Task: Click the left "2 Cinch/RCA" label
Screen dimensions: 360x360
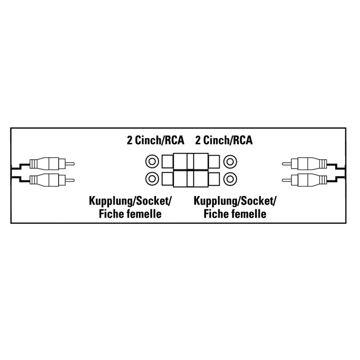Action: [156, 140]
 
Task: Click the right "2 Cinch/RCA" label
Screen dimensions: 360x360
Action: [224, 140]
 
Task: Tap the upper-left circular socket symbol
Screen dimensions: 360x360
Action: [152, 162]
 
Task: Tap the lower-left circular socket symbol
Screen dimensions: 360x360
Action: [152, 179]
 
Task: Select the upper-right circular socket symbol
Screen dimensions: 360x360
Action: [230, 162]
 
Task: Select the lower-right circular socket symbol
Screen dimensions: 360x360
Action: [230, 179]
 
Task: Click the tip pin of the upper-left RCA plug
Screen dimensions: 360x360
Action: [70, 164]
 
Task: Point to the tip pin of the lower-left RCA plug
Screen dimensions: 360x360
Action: [70, 180]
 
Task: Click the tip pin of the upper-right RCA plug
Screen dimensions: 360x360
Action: [286, 164]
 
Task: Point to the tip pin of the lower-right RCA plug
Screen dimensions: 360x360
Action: [286, 180]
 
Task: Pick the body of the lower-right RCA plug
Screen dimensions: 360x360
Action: [309, 180]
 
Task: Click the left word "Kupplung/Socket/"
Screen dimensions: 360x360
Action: [130, 201]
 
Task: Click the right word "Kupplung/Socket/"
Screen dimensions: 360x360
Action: [235, 201]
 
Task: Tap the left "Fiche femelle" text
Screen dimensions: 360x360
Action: [130, 214]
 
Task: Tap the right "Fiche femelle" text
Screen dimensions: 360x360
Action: [235, 214]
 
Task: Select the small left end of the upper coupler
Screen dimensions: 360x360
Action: [168, 162]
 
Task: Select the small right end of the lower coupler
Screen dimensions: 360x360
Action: [214, 179]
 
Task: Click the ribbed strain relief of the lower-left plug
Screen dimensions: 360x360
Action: [33, 180]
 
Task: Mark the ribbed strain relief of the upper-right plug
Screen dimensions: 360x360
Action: [324, 164]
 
